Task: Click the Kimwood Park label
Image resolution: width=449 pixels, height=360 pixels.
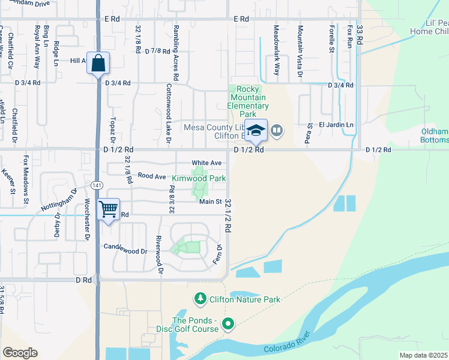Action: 199,178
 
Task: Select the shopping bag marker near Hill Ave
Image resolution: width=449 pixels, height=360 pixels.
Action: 98,62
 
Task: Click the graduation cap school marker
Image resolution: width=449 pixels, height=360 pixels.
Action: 256,130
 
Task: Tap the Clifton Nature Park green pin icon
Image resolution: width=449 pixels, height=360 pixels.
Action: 199,298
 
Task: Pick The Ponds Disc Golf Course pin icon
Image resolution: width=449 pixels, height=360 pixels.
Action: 228,325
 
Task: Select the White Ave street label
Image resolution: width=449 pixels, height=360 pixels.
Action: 206,163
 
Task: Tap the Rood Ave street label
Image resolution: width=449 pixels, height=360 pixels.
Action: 151,176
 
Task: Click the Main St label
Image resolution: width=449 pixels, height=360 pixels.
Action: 211,202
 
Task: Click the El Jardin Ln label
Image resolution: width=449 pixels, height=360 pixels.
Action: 336,125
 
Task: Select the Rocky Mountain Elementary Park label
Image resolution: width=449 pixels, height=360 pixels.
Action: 247,101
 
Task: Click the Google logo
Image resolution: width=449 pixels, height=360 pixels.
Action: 20,353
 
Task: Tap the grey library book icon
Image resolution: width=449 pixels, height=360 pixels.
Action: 276,130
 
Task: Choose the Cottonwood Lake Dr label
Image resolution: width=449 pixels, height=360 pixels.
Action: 168,114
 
